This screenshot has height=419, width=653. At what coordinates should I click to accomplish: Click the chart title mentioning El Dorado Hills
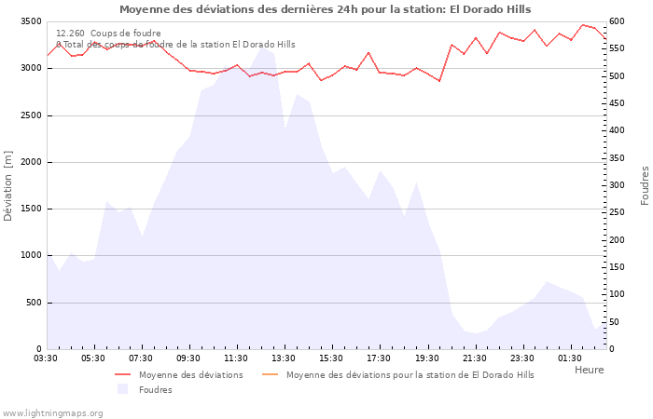(x=325, y=9)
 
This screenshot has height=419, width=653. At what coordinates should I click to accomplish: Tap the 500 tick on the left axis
(x=33, y=303)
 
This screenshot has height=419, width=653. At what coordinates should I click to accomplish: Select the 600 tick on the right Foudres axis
(x=618, y=21)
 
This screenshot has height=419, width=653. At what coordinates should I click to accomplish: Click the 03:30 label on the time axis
(x=47, y=358)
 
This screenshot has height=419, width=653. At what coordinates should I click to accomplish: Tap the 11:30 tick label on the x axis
(x=236, y=358)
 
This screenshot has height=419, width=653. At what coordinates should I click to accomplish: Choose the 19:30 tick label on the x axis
(x=426, y=358)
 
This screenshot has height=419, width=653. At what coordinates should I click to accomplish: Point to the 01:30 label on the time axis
(x=569, y=358)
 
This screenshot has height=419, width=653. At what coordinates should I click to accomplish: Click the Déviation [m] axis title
(x=8, y=185)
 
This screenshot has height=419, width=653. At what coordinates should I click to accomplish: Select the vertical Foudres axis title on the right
(x=645, y=185)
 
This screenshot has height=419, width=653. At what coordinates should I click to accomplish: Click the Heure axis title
(x=589, y=370)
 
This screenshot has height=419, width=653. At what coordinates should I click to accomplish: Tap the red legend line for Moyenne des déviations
(x=122, y=375)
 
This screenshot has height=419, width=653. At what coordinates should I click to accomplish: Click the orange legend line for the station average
(x=270, y=375)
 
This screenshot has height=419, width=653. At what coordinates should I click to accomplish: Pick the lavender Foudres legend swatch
(x=122, y=389)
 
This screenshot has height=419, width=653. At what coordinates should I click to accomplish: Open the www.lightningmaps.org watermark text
(x=52, y=412)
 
